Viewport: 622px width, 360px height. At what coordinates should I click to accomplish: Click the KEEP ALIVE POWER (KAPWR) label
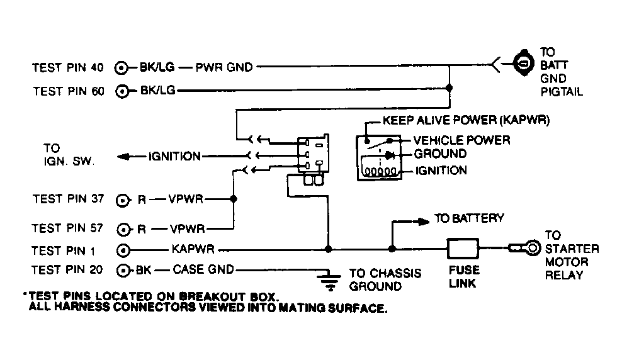(x=465, y=122)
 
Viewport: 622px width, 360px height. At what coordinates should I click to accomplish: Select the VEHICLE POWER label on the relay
(x=461, y=140)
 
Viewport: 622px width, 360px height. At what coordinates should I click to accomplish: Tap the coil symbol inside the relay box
(x=382, y=171)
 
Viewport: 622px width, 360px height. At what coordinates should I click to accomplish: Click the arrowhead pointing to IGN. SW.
(x=125, y=156)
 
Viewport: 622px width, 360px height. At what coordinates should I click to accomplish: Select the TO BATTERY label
(x=469, y=219)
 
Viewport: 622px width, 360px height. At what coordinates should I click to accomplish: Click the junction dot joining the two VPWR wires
(x=234, y=200)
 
